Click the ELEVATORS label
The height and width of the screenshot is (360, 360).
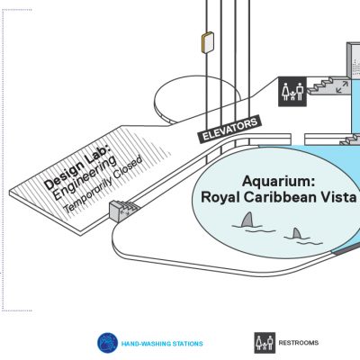click(229, 130)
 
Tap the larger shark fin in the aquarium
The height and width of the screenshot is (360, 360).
click(248, 220)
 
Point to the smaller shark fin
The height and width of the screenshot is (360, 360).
click(297, 233)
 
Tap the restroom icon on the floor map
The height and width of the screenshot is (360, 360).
click(292, 92)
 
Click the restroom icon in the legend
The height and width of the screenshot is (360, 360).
click(265, 343)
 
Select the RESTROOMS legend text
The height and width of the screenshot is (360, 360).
click(299, 343)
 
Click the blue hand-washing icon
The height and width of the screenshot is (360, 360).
click(107, 343)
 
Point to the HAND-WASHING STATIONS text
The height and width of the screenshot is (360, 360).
click(162, 344)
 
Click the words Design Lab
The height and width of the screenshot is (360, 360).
click(76, 166)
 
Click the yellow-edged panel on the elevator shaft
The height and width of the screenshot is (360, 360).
click(208, 42)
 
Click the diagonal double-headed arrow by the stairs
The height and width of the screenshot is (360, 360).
click(342, 86)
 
